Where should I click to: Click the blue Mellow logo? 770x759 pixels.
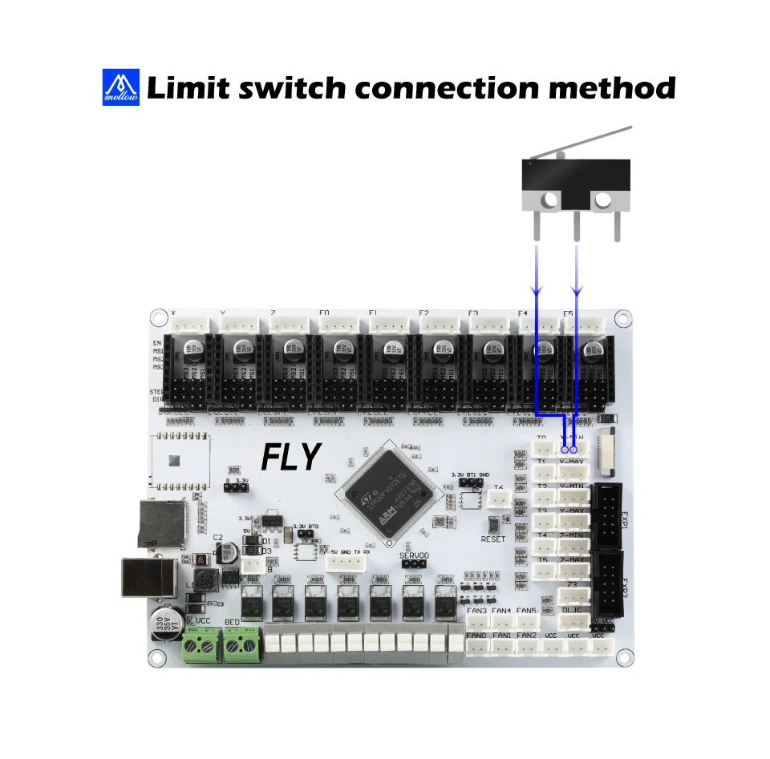pos(121,87)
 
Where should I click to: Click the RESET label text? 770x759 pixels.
pos(493,539)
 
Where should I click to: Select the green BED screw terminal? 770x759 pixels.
pos(241,645)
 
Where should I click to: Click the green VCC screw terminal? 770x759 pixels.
pos(201,645)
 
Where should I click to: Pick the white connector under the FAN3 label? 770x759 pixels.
pos(477,622)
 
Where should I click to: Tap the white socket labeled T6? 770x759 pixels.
pos(499,499)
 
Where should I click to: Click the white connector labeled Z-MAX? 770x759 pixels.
pos(573,571)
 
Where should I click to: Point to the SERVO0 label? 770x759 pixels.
pos(414,555)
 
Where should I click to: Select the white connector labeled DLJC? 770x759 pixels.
pos(573,620)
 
